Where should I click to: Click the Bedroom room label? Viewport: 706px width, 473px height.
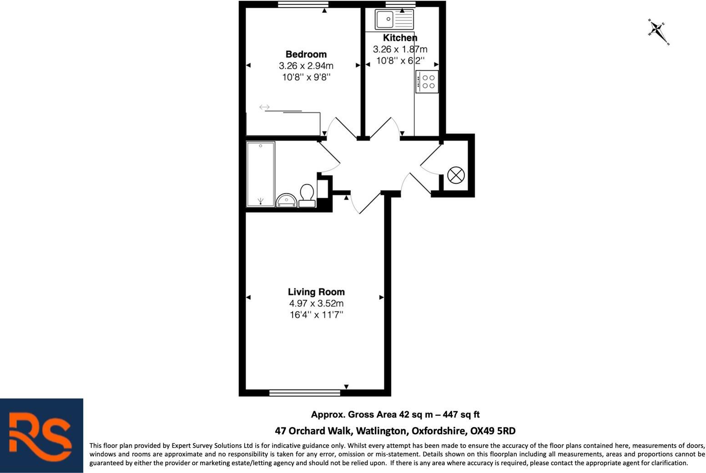tap(306, 54)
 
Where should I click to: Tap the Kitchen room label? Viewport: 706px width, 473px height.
tap(400, 38)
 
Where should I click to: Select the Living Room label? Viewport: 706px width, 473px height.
tap(316, 292)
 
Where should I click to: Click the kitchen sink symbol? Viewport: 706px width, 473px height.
tap(394, 20)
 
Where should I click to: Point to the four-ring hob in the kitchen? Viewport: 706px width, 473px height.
tap(427, 82)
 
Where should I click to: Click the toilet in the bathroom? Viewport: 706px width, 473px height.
tap(307, 195)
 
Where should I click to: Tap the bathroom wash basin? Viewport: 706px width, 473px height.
tap(287, 200)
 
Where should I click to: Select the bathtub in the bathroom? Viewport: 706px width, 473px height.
tap(261, 174)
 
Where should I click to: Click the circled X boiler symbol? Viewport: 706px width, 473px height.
tap(456, 175)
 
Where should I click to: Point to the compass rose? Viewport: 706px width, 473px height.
tap(658, 31)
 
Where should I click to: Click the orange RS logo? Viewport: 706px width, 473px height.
tap(41, 436)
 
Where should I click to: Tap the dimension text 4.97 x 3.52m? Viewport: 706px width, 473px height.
tap(316, 303)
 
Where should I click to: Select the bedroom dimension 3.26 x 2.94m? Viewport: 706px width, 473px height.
tap(306, 66)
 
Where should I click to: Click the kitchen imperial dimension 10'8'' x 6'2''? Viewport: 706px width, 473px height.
tap(400, 60)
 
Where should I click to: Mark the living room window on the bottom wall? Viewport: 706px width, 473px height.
tap(304, 392)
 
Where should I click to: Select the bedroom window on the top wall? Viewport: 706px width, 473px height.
tap(303, 5)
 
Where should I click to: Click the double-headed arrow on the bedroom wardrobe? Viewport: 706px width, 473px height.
tap(264, 107)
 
